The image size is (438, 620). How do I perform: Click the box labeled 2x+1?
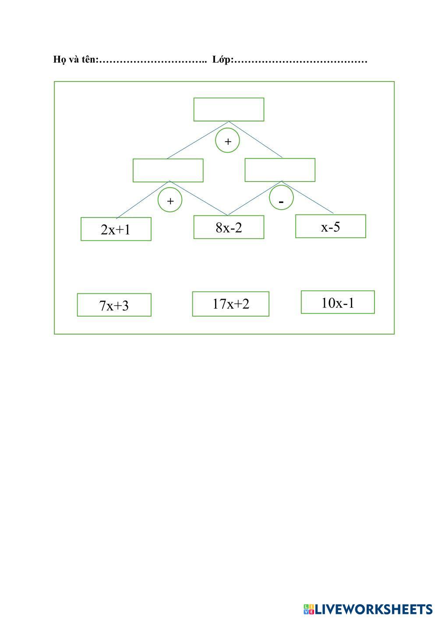pos(116,229)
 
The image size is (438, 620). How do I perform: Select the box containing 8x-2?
pos(229,227)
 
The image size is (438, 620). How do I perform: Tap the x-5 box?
pos(330,226)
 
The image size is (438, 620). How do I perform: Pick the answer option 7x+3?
pos(114,305)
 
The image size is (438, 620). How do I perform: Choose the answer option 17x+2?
pos(230,303)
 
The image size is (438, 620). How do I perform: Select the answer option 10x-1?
pos(338,302)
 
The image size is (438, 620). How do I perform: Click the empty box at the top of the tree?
pos(229,109)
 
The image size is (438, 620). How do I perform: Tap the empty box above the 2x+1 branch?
pos(168,170)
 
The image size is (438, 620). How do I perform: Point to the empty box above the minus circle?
pos(280,170)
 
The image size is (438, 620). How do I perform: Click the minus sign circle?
pos(281,198)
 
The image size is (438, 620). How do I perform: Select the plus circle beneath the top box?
pos(227,141)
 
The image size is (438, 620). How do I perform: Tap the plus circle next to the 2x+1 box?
pos(170,200)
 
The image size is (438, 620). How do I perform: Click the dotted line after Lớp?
pos(300,61)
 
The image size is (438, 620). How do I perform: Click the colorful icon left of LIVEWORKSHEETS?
pos(309,609)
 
